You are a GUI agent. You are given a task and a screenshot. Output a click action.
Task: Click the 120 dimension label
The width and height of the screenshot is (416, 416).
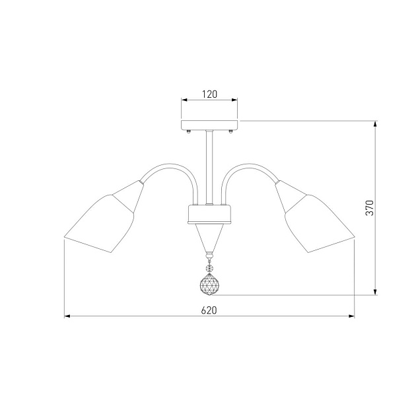[x=209, y=94]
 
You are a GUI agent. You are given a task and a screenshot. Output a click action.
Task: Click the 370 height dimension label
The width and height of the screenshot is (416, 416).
[x=370, y=208]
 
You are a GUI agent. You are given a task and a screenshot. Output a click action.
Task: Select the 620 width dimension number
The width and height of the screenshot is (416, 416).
[x=209, y=310]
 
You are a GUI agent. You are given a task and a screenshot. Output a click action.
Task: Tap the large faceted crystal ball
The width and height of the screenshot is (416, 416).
[x=209, y=285]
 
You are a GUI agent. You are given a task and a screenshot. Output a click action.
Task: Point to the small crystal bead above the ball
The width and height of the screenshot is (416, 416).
[x=209, y=269]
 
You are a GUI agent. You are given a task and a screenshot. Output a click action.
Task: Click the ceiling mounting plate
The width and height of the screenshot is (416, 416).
[x=209, y=125]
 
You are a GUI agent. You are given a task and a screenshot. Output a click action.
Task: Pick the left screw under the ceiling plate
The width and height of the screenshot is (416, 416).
[x=189, y=131]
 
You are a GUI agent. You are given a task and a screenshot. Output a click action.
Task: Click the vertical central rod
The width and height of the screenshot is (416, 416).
[x=209, y=167]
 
